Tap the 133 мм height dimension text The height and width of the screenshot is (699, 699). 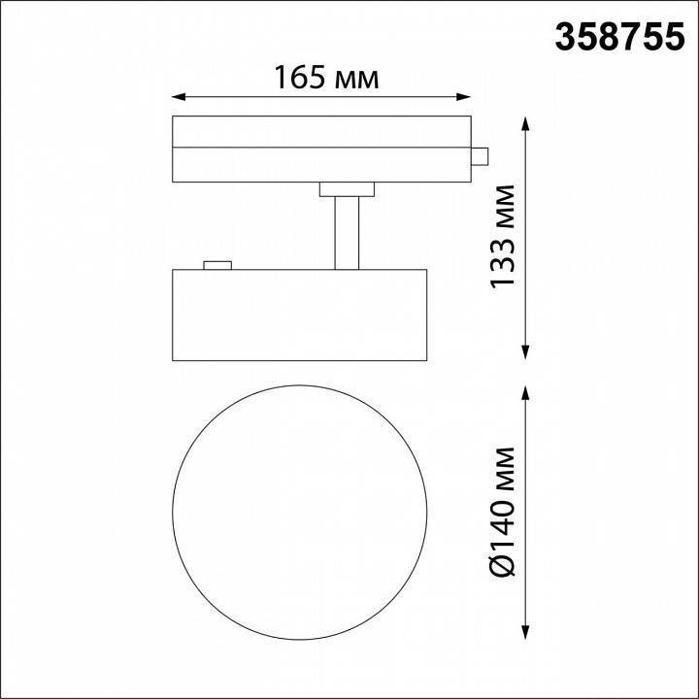[503, 238]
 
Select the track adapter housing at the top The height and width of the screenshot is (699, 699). [321, 149]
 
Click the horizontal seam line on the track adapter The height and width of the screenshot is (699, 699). [321, 148]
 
